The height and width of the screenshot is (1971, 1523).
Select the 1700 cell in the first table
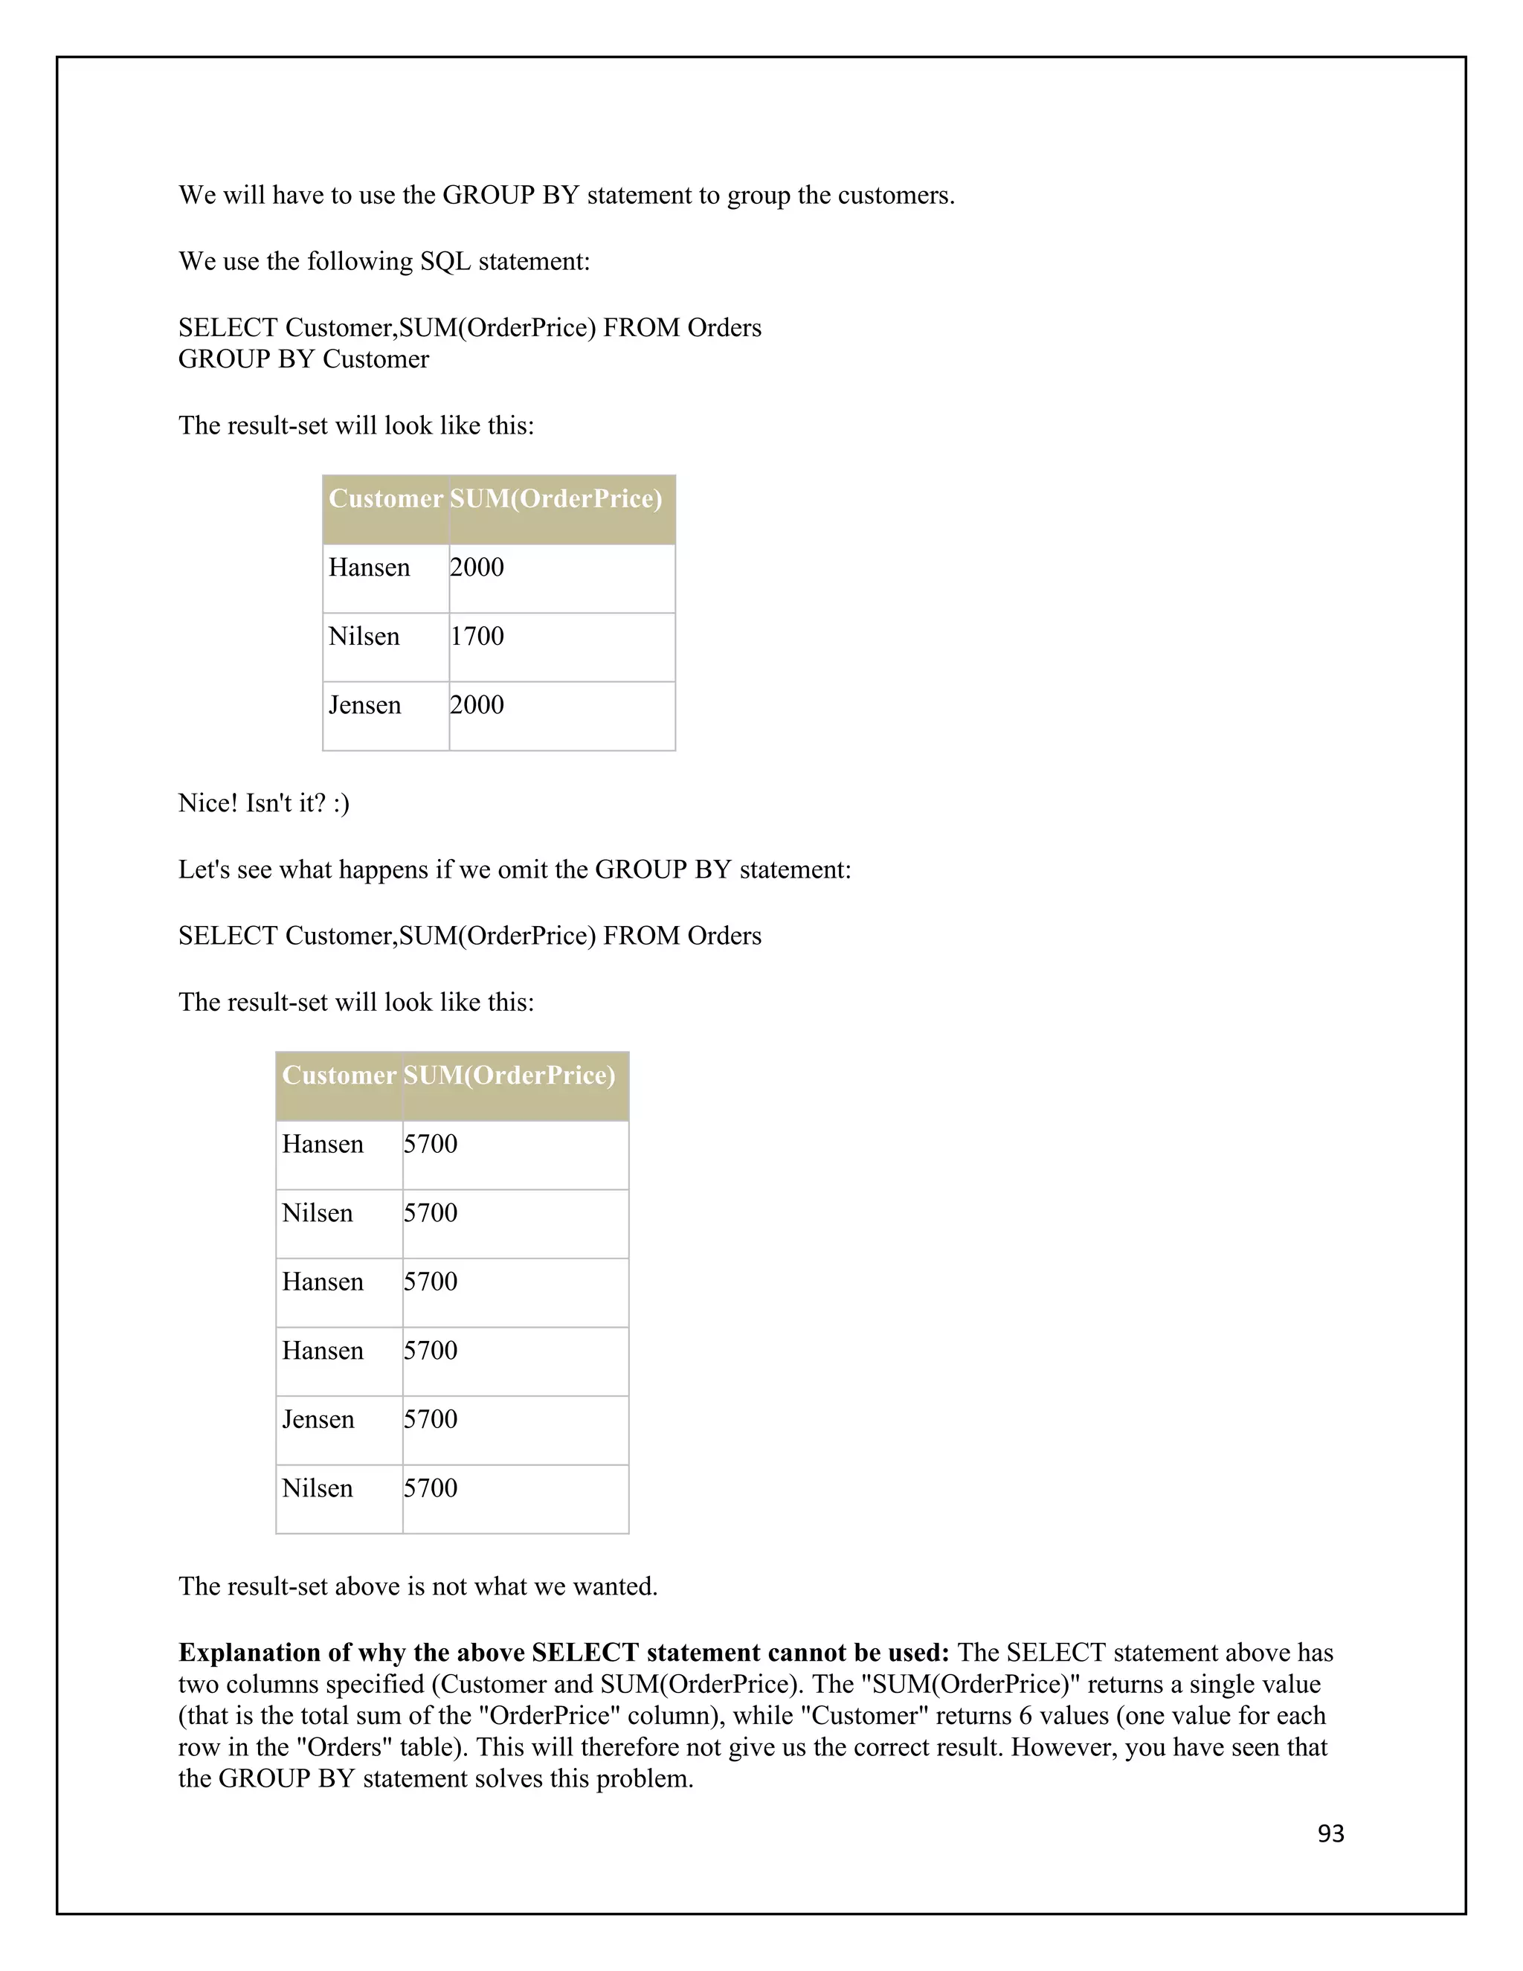[x=477, y=636]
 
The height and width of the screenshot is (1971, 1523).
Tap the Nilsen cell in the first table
[x=364, y=636]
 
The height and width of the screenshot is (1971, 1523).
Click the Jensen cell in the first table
[x=364, y=705]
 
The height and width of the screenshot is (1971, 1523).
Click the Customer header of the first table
[x=385, y=499]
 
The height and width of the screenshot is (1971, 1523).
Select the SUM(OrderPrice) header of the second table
[x=509, y=1075]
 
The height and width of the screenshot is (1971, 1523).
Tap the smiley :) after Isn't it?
[x=340, y=803]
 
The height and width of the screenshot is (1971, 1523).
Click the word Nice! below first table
[x=207, y=803]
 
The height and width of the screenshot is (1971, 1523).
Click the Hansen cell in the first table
[x=369, y=567]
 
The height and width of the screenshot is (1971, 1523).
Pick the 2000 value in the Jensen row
[x=477, y=705]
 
